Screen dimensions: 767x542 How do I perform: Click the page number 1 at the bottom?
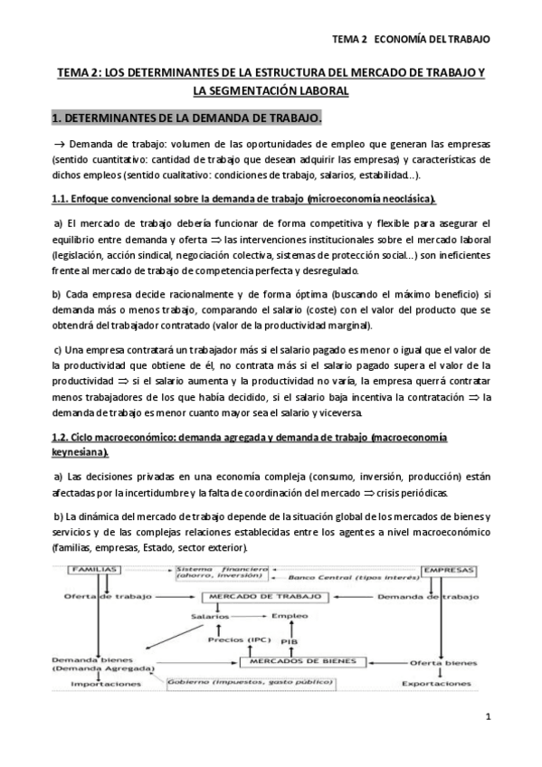pos(487,718)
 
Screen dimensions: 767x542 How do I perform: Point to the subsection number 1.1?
pos(60,198)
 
